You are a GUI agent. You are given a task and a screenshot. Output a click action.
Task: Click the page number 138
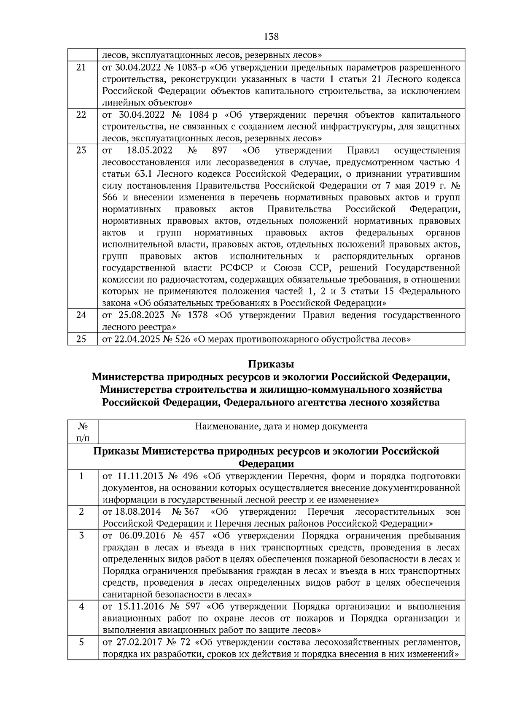[x=271, y=37]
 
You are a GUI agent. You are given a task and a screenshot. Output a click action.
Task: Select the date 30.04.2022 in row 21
[x=136, y=68]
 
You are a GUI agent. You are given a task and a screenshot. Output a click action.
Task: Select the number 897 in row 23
[x=220, y=150]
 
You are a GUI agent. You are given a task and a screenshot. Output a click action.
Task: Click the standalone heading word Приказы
[x=271, y=364]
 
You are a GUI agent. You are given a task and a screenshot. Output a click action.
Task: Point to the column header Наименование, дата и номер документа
[x=281, y=426]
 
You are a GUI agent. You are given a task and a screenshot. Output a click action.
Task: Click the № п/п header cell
[x=82, y=432]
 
